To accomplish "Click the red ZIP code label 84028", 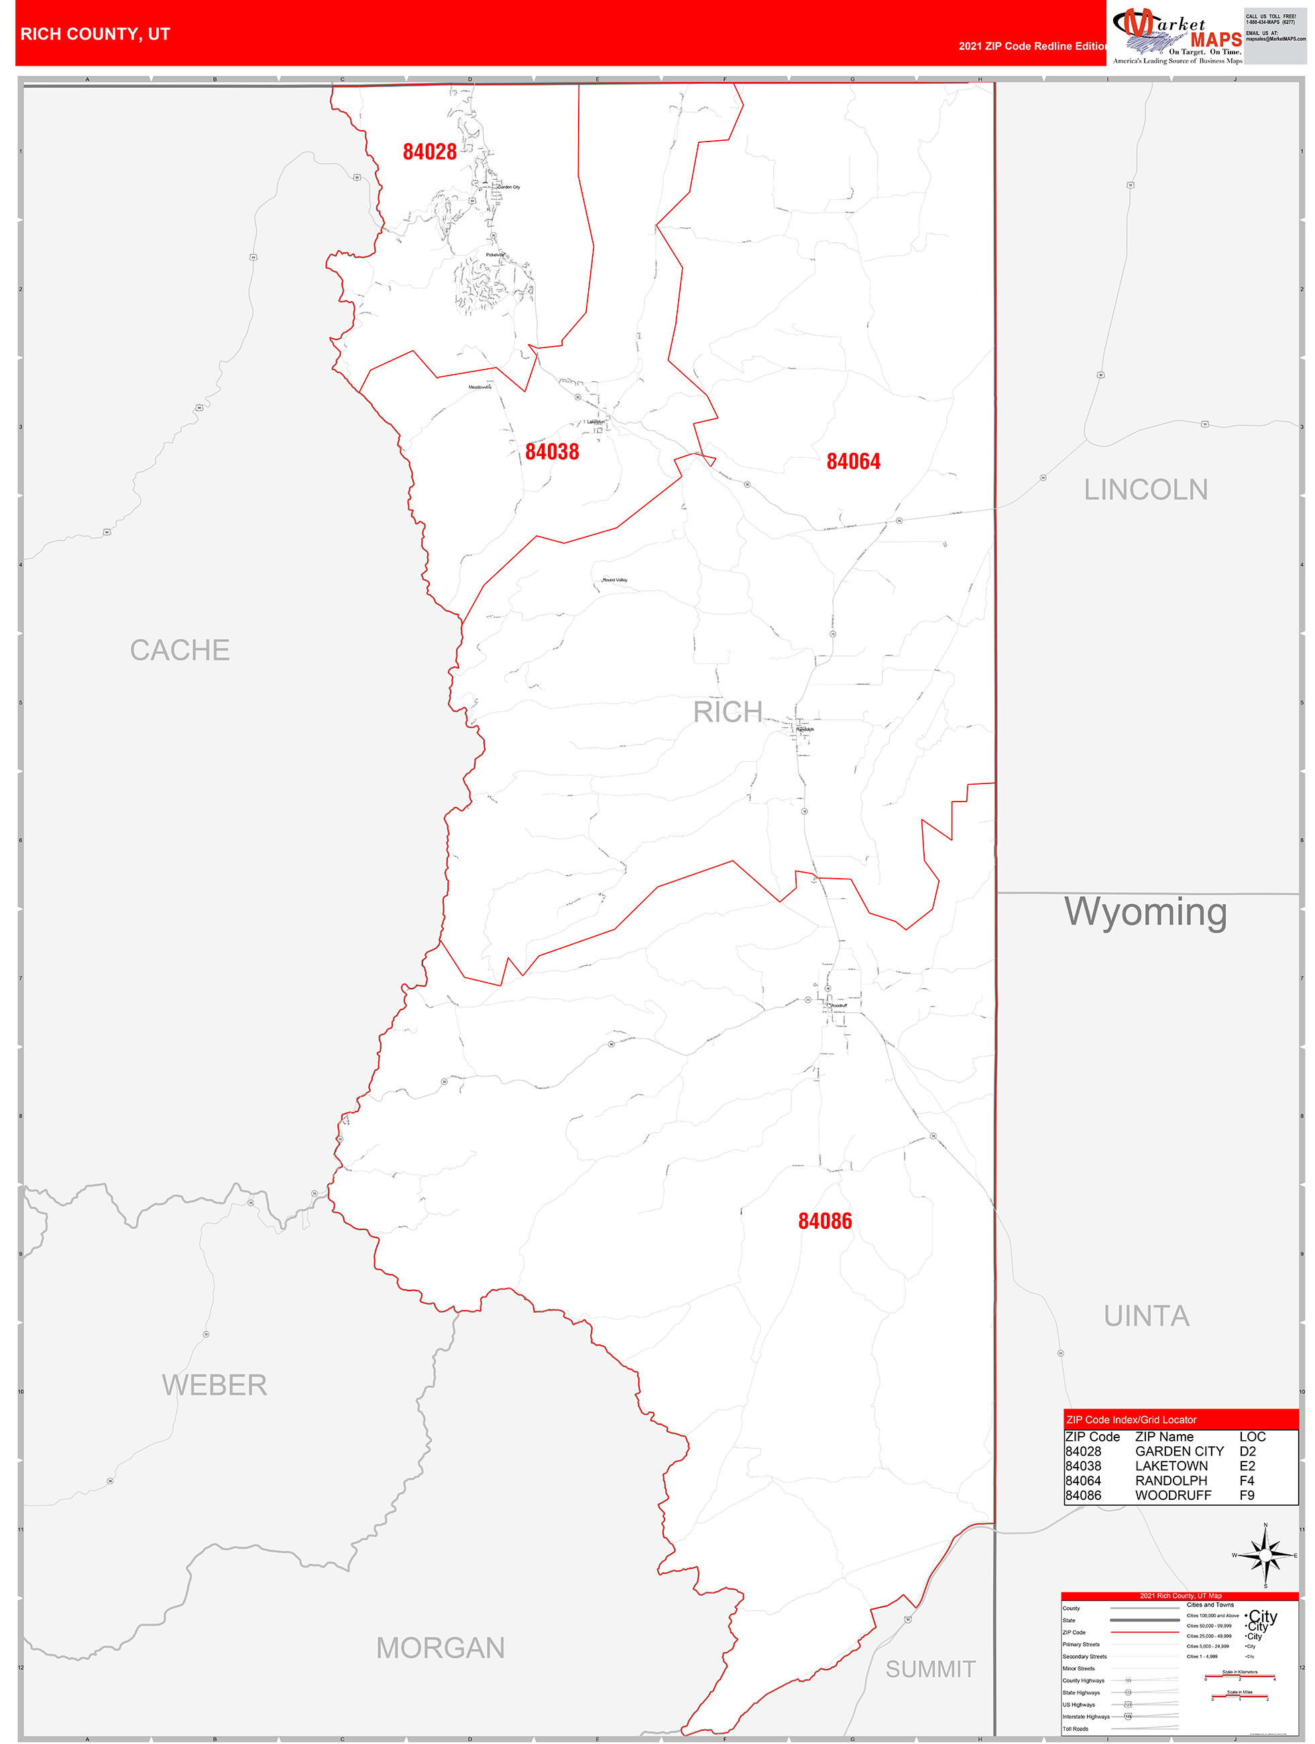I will click(429, 152).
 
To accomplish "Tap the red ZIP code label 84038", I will click(551, 452).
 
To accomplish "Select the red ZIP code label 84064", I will click(853, 461).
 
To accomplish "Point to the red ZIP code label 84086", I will click(825, 1221).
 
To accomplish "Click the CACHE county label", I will click(180, 651).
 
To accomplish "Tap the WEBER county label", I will click(215, 1384).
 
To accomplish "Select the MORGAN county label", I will click(440, 1649).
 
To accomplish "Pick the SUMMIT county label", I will click(930, 1669).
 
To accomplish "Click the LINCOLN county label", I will click(1145, 490).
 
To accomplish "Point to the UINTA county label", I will click(1146, 1316).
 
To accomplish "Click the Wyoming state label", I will click(1145, 912).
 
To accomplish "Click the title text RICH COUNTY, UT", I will click(95, 34).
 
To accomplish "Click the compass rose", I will click(1265, 1556).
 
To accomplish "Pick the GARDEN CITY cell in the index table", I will click(1179, 1452).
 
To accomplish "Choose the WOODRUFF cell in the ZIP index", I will click(1172, 1495).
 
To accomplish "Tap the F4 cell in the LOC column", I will click(1247, 1480).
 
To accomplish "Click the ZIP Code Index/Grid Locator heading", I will click(1131, 1420).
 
